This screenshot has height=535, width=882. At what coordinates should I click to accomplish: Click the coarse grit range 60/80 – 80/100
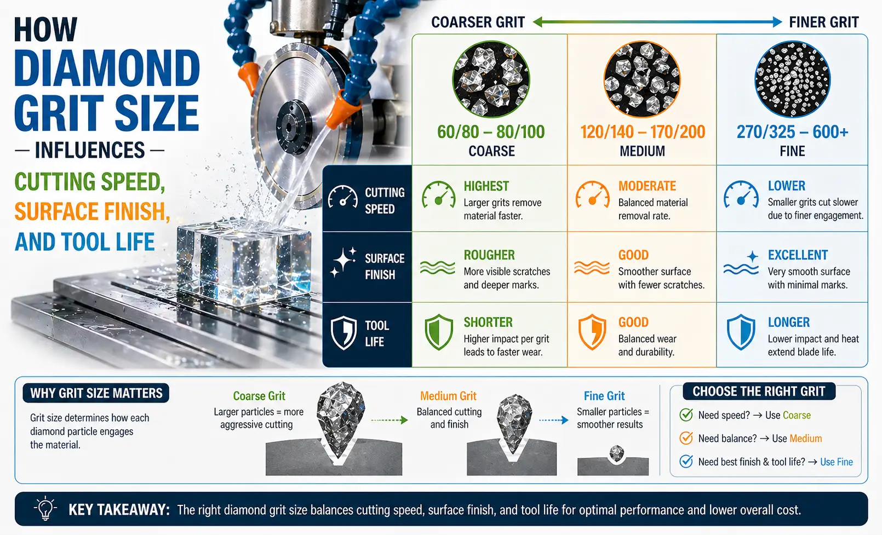(491, 132)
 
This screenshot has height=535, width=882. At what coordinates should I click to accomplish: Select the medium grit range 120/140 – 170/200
(643, 132)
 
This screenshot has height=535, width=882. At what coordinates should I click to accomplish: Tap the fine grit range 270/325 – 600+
(792, 132)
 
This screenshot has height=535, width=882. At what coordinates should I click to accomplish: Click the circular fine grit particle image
(793, 79)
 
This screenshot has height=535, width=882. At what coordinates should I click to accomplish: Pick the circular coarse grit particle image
(491, 79)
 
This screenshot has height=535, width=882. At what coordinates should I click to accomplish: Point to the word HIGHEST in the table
(486, 186)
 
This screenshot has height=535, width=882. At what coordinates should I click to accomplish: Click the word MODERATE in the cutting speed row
(648, 186)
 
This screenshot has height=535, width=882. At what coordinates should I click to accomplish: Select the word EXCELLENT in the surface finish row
(798, 255)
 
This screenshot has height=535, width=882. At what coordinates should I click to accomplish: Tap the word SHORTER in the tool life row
(488, 323)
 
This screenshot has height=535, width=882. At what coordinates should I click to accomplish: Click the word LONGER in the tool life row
(789, 323)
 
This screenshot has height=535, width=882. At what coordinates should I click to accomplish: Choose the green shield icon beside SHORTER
(438, 332)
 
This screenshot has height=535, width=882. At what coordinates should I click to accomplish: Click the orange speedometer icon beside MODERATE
(593, 194)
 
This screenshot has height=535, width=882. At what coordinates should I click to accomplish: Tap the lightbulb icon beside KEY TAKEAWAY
(45, 508)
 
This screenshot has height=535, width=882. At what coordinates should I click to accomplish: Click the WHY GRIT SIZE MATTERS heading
(96, 393)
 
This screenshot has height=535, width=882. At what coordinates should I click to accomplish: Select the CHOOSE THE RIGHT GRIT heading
(759, 392)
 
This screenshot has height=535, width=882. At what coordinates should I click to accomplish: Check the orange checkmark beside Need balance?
(686, 438)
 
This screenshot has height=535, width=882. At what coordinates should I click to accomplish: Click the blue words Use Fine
(837, 462)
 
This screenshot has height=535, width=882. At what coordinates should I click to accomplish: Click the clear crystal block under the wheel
(244, 262)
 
